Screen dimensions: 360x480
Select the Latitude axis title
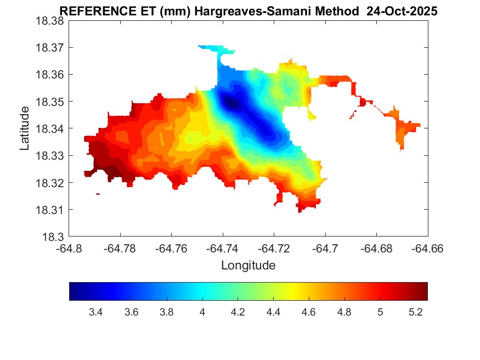point(25,128)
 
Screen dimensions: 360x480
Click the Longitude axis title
point(248,266)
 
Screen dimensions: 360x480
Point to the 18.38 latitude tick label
point(50,21)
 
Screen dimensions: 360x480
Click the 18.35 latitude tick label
point(50,102)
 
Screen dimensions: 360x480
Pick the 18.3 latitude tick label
point(54,237)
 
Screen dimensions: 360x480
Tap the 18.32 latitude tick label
point(50,183)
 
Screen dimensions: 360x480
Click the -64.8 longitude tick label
point(70,248)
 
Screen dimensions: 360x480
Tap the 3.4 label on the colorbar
point(96,312)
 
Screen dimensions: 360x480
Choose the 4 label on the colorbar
point(202,312)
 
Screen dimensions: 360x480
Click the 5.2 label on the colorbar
point(415,312)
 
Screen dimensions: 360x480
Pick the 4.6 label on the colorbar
point(309,312)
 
